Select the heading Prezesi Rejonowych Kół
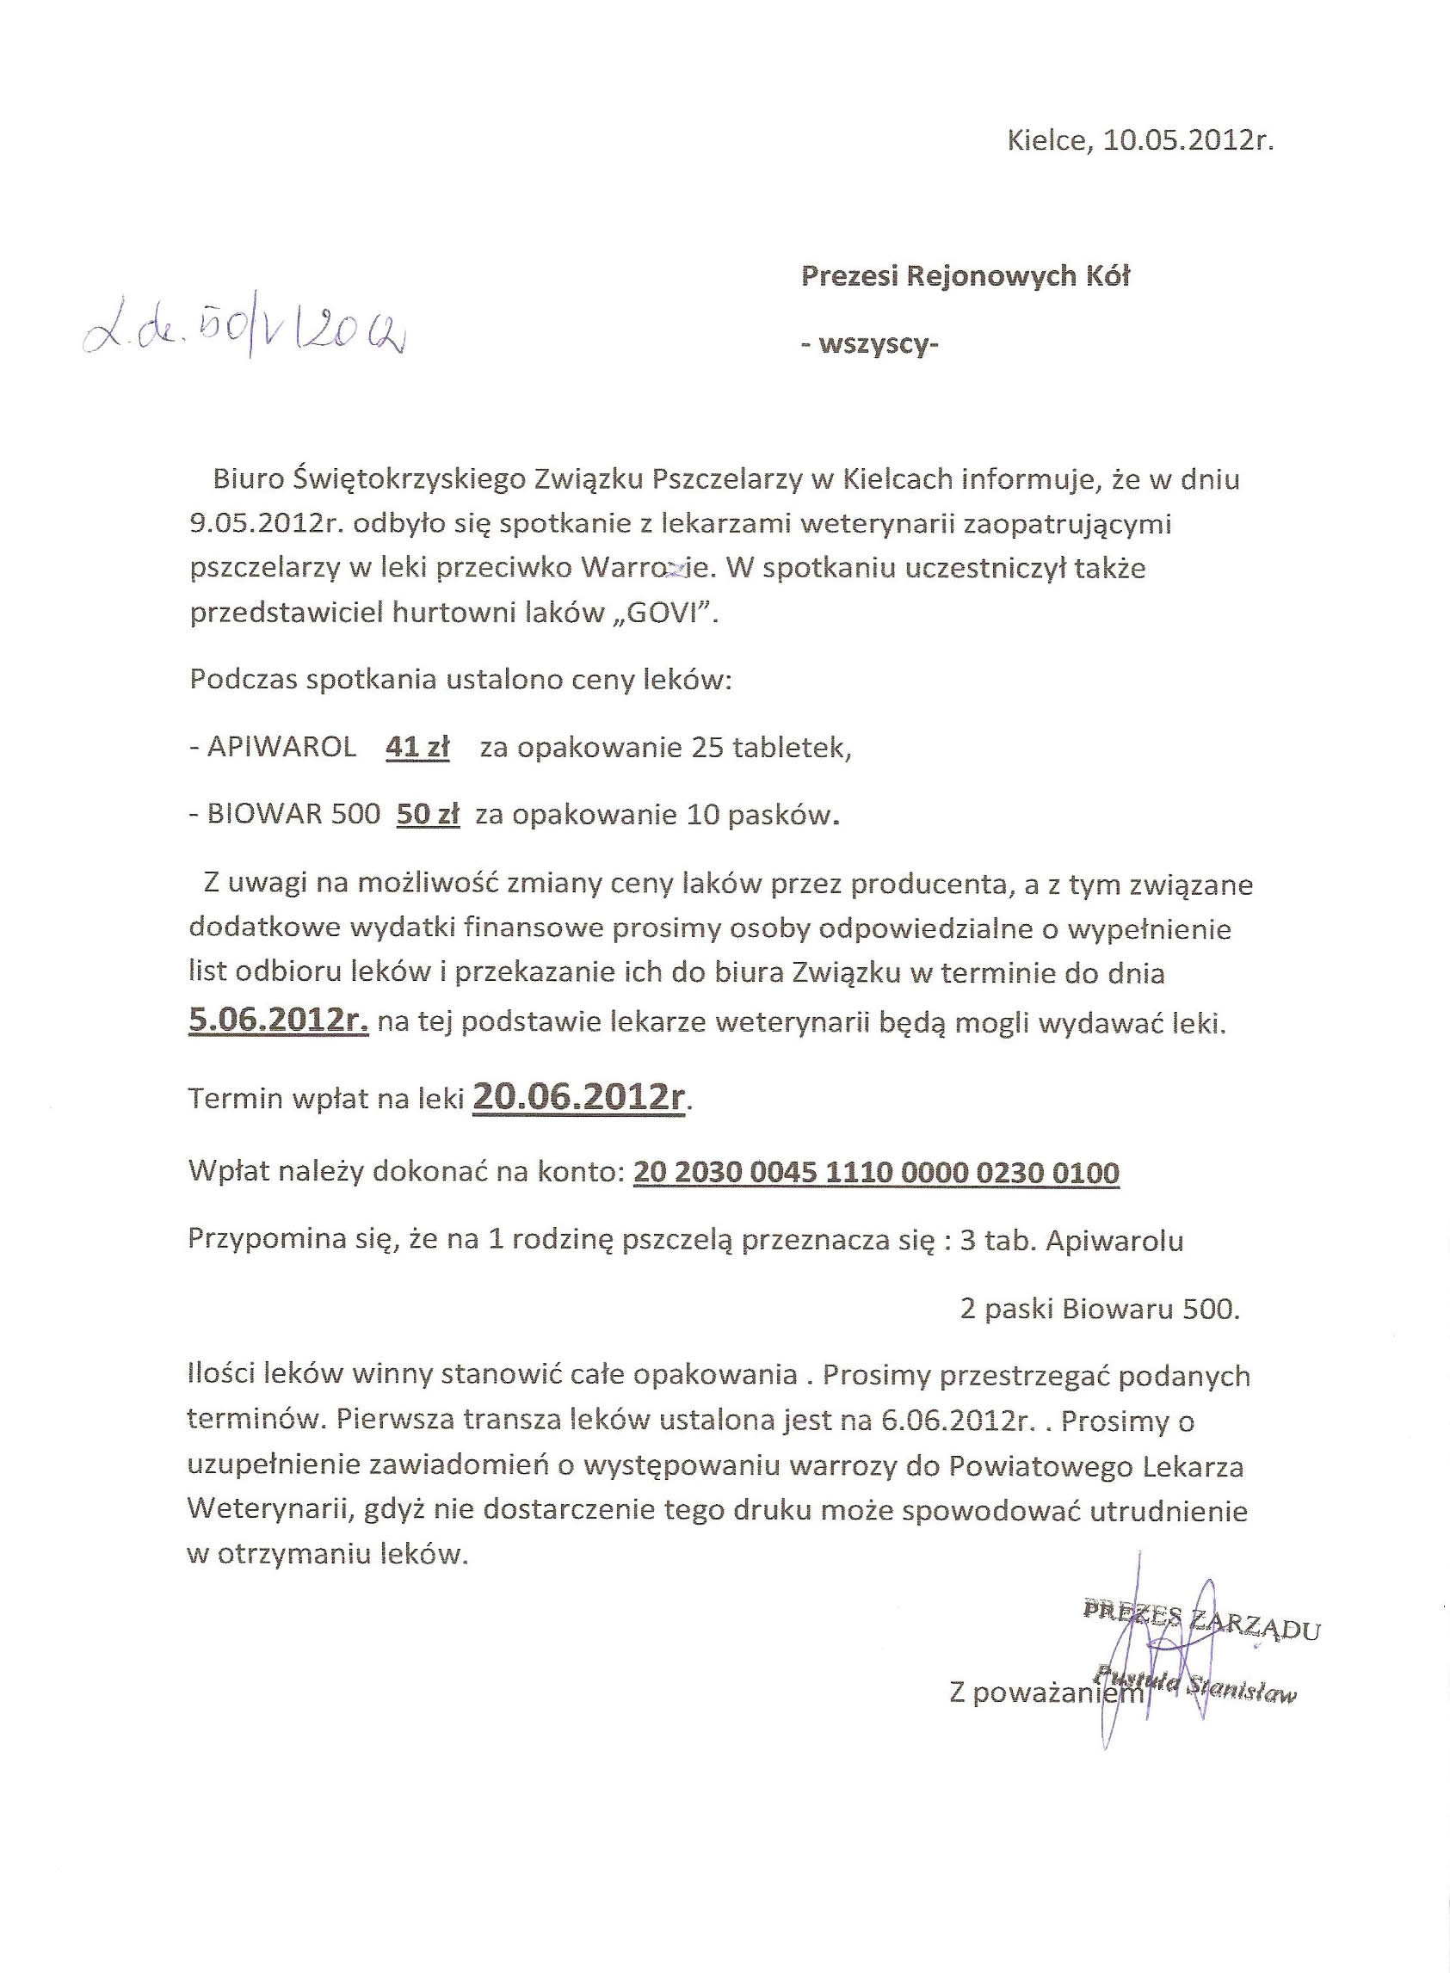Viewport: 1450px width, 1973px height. pos(966,276)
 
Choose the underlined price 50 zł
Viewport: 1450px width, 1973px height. pos(429,815)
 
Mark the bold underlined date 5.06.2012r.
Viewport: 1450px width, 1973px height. pos(278,1020)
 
